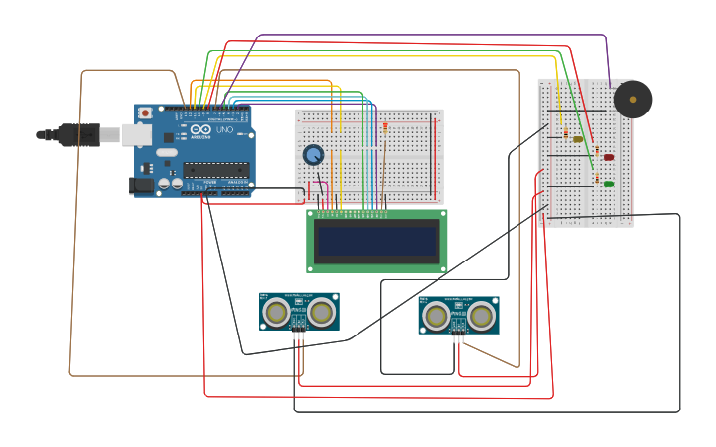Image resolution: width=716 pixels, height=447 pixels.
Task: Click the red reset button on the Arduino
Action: click(146, 112)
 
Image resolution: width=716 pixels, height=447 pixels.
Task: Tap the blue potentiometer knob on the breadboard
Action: click(313, 154)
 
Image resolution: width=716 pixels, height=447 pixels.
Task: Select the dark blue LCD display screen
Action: click(376, 240)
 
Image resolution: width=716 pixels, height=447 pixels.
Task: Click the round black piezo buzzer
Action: click(633, 100)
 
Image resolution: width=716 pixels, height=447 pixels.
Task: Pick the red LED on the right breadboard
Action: click(608, 157)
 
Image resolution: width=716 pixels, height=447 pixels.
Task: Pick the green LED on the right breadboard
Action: click(608, 184)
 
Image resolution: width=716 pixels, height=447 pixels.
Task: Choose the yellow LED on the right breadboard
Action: click(578, 139)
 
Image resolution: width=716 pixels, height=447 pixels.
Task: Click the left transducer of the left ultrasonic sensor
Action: click(277, 313)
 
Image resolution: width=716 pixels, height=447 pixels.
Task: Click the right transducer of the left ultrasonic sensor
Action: click(321, 313)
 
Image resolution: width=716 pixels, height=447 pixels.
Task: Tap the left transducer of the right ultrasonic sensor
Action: click(436, 316)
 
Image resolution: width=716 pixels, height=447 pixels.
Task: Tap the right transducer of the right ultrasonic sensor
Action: click(481, 316)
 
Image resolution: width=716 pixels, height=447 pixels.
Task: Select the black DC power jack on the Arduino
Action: click(142, 185)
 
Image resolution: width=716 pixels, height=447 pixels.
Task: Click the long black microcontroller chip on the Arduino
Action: click(214, 170)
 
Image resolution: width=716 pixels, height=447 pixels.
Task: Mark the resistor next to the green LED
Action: click(597, 178)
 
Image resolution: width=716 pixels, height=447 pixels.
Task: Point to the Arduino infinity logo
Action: click(200, 130)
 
